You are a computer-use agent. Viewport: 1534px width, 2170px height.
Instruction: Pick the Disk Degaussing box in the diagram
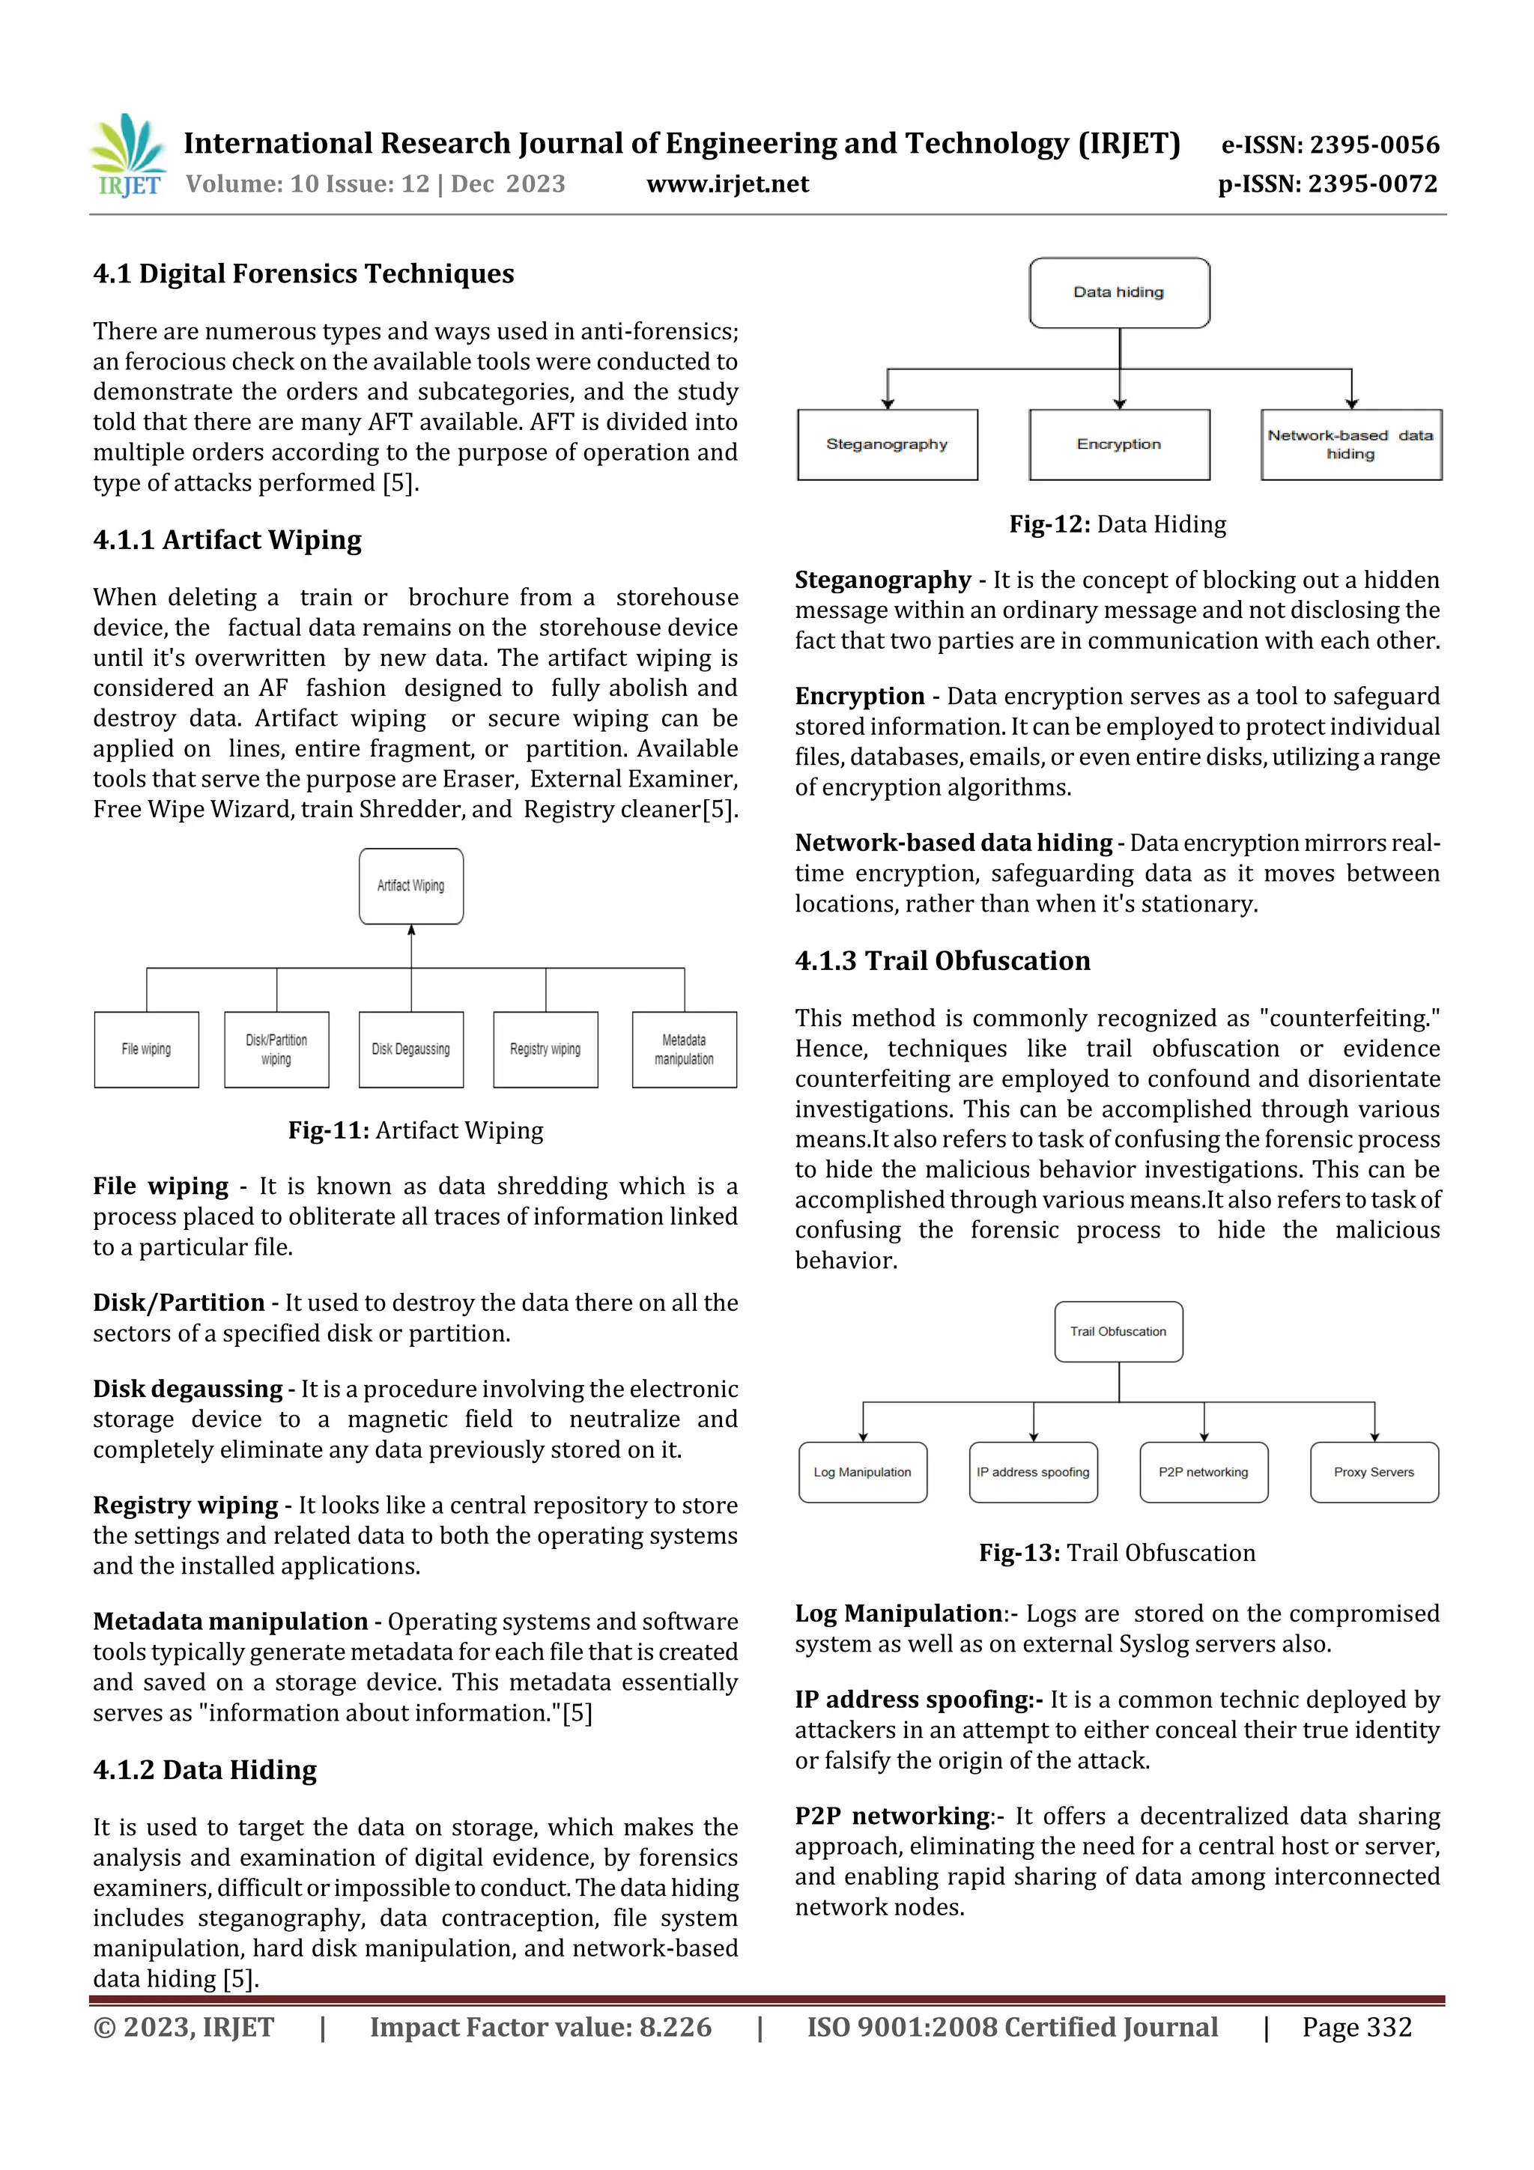pyautogui.click(x=410, y=1049)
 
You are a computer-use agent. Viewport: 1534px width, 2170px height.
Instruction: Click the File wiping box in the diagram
pyautogui.click(x=147, y=1049)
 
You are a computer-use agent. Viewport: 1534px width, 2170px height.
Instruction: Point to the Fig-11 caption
pyautogui.click(x=415, y=1130)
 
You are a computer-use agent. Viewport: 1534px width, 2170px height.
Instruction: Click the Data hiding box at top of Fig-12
pyautogui.click(x=1118, y=292)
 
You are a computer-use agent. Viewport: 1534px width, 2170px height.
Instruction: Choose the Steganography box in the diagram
pyautogui.click(x=887, y=444)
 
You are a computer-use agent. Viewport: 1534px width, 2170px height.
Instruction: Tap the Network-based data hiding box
pyautogui.click(x=1350, y=444)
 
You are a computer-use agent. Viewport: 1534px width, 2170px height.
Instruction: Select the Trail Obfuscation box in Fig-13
pyautogui.click(x=1118, y=1331)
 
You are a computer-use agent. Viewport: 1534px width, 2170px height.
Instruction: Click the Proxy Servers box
pyautogui.click(x=1373, y=1472)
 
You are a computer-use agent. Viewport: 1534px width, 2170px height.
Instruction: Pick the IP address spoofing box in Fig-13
pyautogui.click(x=1033, y=1472)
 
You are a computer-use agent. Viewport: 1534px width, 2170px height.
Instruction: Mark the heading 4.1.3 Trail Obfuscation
pyautogui.click(x=942, y=960)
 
